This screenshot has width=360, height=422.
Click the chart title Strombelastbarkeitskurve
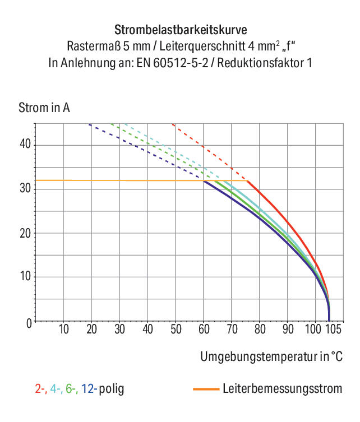tap(181, 30)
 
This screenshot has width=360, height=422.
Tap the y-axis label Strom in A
tap(44, 108)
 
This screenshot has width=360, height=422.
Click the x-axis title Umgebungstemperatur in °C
tap(271, 356)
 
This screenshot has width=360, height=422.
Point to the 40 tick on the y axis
tap(25, 144)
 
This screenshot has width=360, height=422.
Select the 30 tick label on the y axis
tap(25, 188)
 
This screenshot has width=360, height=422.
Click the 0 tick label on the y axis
tap(29, 323)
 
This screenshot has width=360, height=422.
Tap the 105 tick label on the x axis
tap(334, 329)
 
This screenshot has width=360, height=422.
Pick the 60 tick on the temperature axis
tap(204, 329)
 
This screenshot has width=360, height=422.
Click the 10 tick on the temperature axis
tap(64, 329)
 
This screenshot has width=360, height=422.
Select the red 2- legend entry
tap(41, 389)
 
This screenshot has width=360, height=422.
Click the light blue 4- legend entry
tap(56, 389)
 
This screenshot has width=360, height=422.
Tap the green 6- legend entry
tap(72, 389)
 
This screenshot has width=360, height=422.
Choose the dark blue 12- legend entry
tap(89, 389)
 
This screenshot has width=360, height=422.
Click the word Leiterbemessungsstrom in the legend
tap(283, 388)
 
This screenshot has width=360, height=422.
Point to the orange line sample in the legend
tap(206, 389)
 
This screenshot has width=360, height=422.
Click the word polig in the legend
tap(112, 389)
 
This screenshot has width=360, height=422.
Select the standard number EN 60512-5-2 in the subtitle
tap(172, 63)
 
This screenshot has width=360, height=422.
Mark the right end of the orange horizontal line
tap(247, 180)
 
